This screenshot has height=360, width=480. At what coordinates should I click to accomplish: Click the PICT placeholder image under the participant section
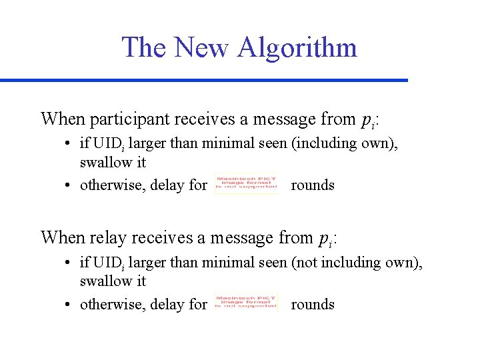[x=246, y=185]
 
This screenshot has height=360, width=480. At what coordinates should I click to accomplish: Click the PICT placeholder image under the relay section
[x=246, y=303]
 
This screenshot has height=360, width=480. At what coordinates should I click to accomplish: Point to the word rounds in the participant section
[x=313, y=185]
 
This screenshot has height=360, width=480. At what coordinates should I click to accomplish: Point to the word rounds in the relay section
[x=313, y=304]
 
